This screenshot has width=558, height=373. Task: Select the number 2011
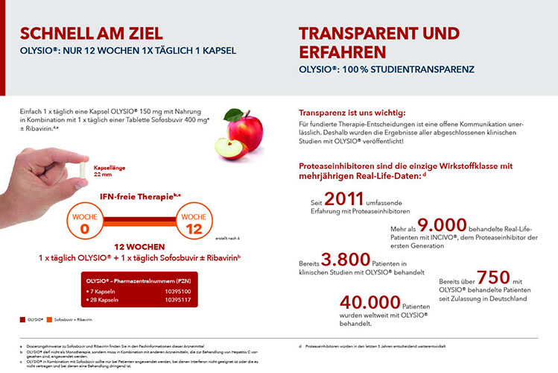pos(343,199)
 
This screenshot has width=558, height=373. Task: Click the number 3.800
pos(345,260)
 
